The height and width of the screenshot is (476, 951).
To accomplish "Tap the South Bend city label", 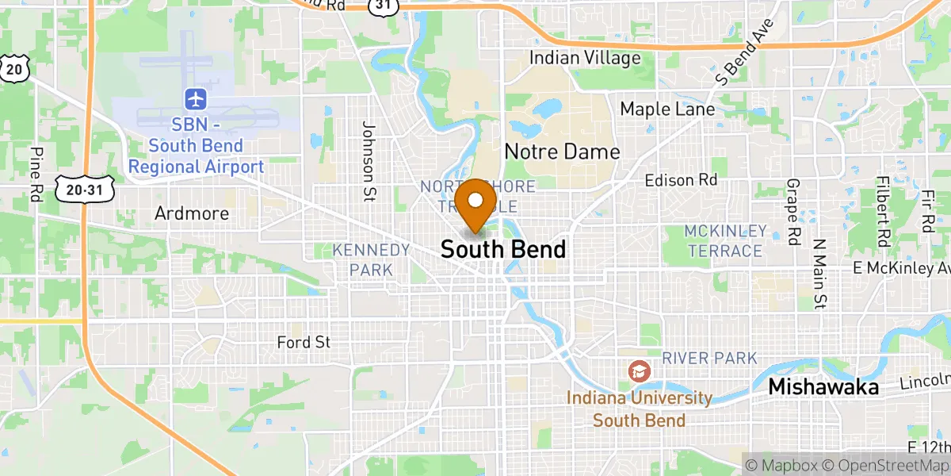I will [x=503, y=250].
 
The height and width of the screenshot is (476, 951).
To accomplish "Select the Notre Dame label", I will [x=562, y=152].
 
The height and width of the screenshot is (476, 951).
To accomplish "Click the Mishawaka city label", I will [x=824, y=387].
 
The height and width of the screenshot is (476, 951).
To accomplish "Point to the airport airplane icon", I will [x=196, y=100].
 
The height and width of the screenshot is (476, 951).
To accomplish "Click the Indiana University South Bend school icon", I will [x=639, y=370].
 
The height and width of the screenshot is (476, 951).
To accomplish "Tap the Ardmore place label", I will [x=192, y=213].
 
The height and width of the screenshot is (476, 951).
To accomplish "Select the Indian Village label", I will [x=585, y=58].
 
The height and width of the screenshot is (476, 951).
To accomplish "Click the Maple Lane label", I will [x=667, y=109].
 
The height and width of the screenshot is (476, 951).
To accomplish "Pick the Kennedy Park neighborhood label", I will [x=371, y=260].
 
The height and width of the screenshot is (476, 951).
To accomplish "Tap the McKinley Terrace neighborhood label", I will [x=726, y=241].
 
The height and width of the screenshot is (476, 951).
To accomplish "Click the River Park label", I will [x=710, y=359].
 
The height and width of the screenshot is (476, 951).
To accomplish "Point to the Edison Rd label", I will [x=681, y=181].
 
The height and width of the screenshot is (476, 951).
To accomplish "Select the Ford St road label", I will [x=304, y=343].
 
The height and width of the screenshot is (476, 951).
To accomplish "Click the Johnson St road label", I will [x=368, y=151].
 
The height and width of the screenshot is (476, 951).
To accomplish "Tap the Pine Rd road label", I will [x=36, y=175].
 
